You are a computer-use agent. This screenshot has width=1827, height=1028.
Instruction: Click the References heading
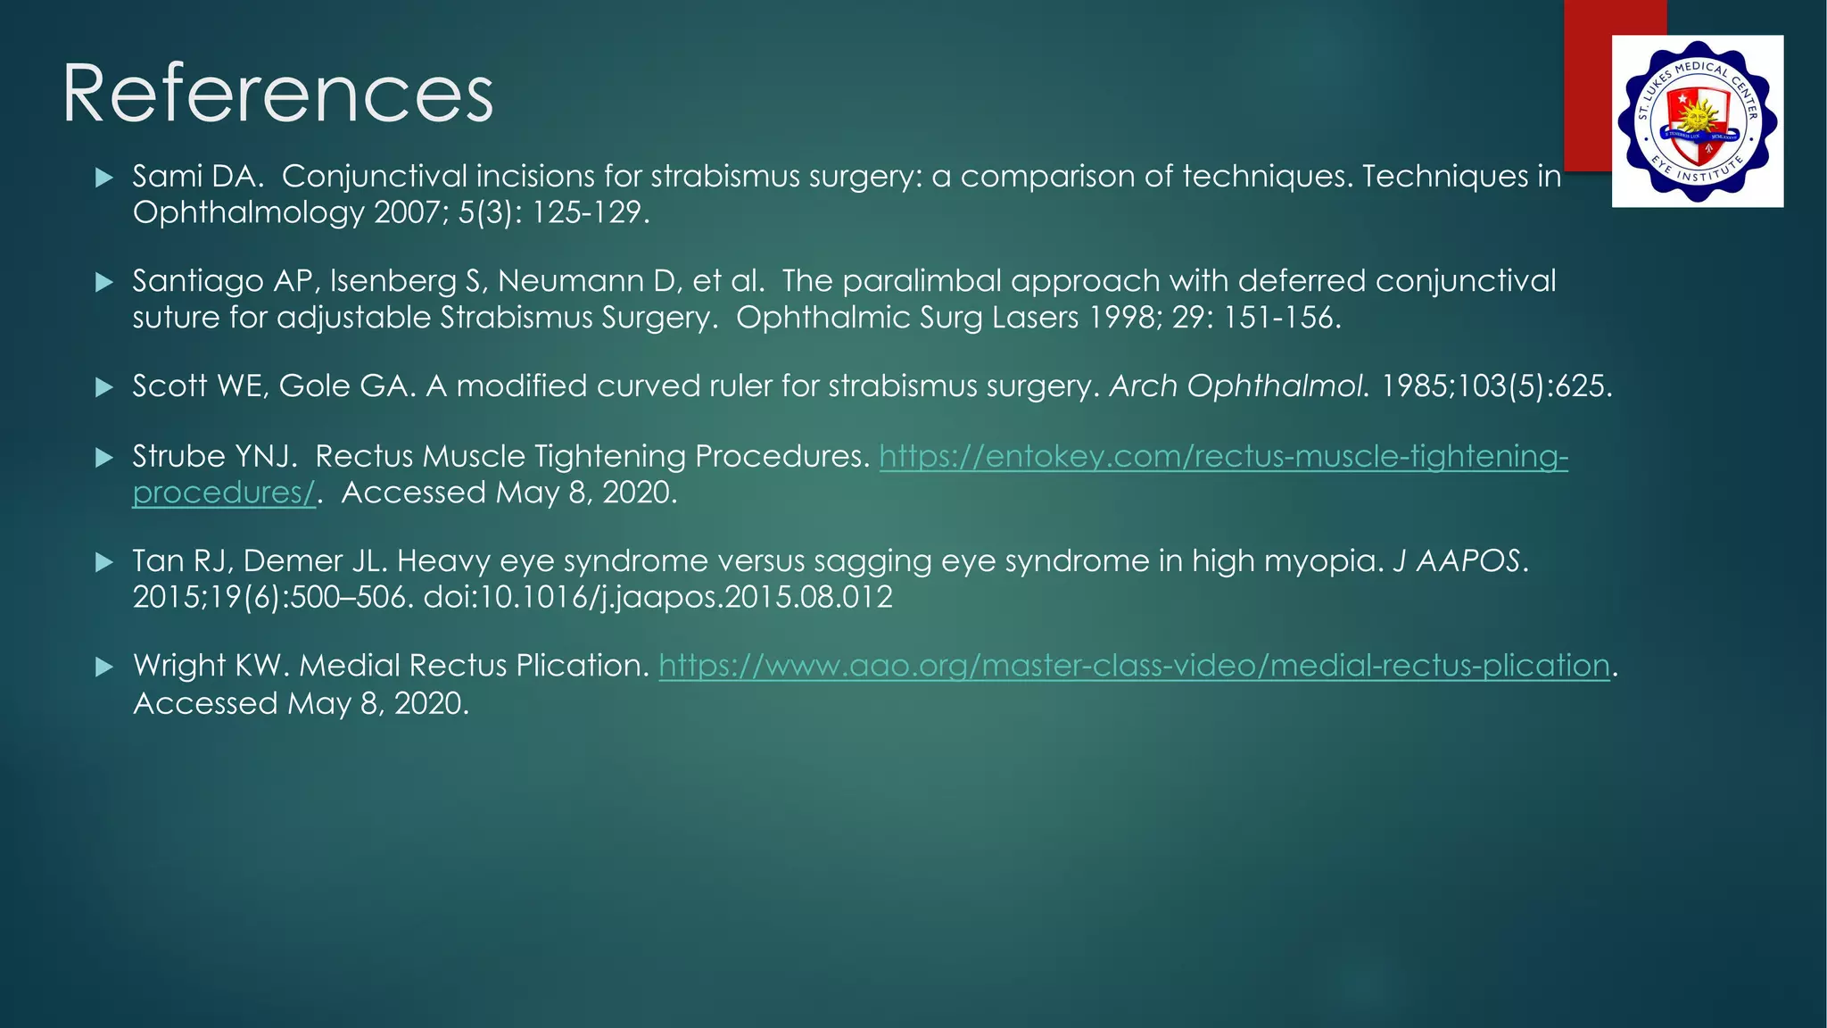(277, 94)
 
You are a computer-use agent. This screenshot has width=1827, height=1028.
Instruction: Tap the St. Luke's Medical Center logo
(1697, 121)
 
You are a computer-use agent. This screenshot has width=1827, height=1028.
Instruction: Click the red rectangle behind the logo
(1589, 89)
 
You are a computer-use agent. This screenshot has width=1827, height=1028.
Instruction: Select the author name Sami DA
(197, 176)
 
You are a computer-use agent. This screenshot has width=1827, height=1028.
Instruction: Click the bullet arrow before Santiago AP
(104, 283)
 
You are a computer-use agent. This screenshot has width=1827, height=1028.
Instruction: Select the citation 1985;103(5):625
(1496, 386)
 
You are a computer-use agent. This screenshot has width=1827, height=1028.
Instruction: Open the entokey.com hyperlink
(1222, 457)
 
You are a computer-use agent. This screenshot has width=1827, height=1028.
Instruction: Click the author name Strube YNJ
(214, 457)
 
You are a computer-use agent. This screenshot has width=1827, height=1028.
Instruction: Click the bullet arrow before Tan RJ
(104, 562)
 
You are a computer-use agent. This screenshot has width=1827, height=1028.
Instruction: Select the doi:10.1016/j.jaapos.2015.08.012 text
(657, 597)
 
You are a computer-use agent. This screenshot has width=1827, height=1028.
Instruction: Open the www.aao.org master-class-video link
(1134, 666)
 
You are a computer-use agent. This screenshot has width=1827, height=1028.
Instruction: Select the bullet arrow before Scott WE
(104, 387)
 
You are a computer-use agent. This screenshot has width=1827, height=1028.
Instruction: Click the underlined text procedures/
(224, 493)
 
